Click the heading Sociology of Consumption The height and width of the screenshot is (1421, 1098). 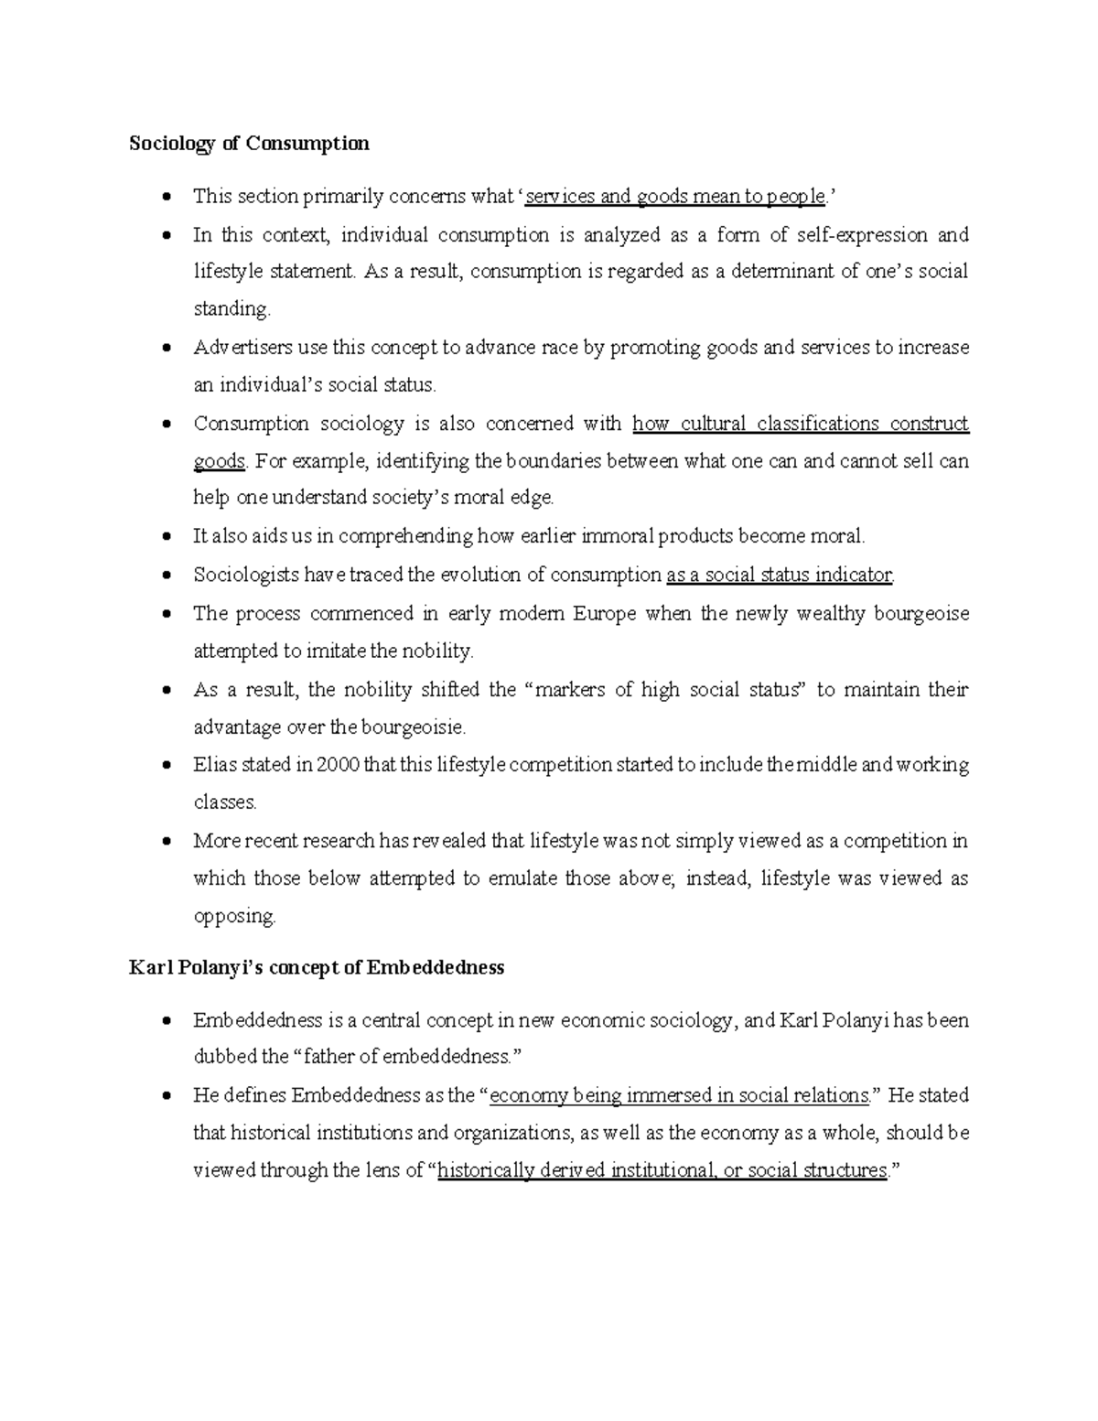point(249,144)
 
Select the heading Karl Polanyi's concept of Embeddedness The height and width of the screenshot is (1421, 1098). point(316,968)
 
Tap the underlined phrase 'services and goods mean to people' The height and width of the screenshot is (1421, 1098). point(675,196)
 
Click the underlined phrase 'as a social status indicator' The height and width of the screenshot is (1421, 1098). point(779,575)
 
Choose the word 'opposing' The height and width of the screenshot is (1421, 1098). point(233,916)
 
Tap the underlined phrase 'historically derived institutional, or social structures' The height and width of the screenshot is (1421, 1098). point(662,1170)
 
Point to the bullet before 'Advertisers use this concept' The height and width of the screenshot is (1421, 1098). point(165,349)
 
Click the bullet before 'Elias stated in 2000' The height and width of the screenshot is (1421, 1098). point(165,765)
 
